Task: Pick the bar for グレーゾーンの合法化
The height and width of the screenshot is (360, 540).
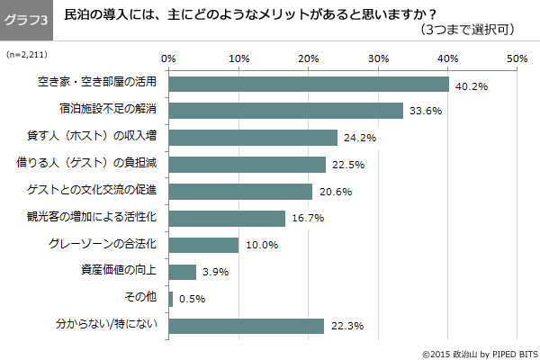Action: click(x=203, y=245)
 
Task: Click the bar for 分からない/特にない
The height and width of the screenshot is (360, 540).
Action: click(x=246, y=325)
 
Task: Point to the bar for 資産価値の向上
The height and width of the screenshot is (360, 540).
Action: click(x=182, y=272)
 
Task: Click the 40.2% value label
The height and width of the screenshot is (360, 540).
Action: click(x=471, y=86)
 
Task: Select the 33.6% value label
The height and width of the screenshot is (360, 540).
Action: click(x=425, y=112)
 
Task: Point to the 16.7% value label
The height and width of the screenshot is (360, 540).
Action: click(x=307, y=219)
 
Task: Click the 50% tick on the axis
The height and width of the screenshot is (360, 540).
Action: click(x=517, y=58)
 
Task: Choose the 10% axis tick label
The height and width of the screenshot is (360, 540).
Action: click(x=238, y=58)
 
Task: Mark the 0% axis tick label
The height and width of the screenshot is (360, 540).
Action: click(x=168, y=58)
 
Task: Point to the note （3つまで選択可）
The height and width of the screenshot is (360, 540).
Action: click(x=466, y=31)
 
